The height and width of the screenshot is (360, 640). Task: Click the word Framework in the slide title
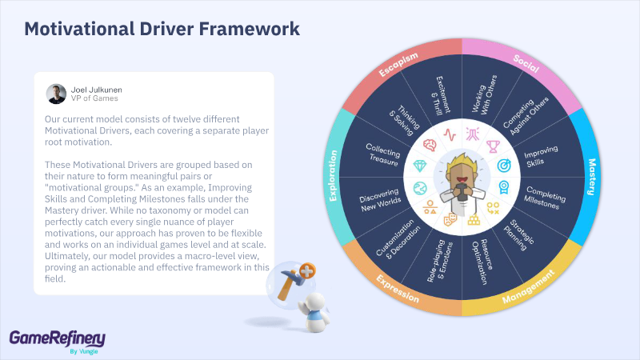point(250,29)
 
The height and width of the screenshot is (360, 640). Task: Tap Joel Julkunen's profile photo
point(56,94)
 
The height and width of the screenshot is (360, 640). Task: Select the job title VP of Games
point(94,98)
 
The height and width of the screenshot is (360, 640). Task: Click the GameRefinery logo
point(58,342)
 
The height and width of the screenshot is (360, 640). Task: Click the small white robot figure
point(314,311)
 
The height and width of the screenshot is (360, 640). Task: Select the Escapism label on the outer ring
point(398,64)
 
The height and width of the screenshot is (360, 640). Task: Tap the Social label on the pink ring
point(526,64)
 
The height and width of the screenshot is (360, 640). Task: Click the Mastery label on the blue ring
point(591,177)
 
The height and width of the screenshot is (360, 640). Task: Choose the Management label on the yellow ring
point(529,286)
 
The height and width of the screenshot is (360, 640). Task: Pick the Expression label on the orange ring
point(398,289)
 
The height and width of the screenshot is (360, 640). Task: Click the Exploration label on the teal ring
point(333,176)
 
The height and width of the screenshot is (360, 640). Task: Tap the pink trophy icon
point(493,146)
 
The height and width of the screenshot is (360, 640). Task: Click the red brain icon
point(430,145)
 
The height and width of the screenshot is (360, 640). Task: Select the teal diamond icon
point(419,166)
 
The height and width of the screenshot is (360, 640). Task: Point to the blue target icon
point(504,166)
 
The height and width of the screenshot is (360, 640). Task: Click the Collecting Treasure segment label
point(382,154)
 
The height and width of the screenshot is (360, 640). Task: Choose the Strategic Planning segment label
point(518,234)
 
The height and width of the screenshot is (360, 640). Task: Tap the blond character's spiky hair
point(462,162)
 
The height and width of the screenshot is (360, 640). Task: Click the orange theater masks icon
point(450,219)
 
